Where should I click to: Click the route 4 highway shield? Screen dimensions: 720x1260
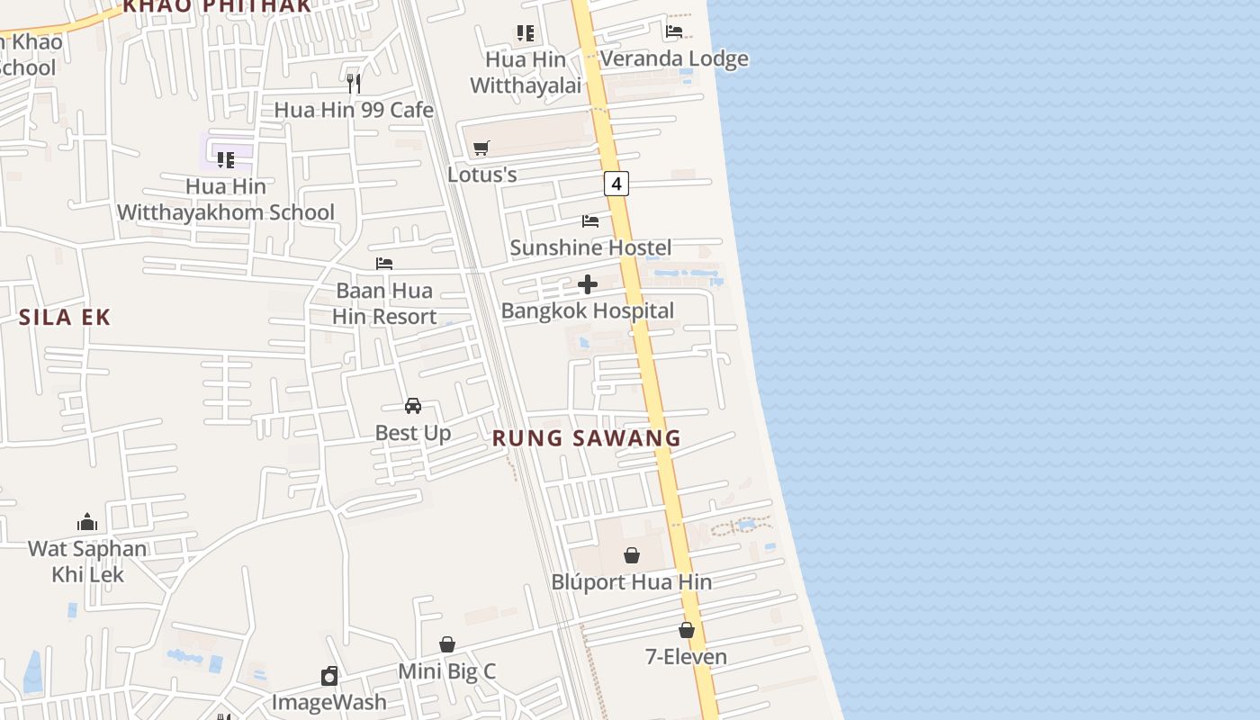pyautogui.click(x=616, y=184)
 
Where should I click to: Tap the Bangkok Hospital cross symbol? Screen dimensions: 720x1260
pyautogui.click(x=588, y=285)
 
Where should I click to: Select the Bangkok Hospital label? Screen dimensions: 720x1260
pyautogui.click(x=588, y=311)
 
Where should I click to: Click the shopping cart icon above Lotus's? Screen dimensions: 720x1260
pyautogui.click(x=481, y=148)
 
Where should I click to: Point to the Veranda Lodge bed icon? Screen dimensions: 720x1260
pyautogui.click(x=674, y=31)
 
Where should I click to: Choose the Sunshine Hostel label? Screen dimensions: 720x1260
pyautogui.click(x=590, y=247)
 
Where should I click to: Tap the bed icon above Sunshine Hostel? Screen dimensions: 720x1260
pyautogui.click(x=590, y=220)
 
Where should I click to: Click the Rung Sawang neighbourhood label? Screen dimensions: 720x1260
pyautogui.click(x=586, y=438)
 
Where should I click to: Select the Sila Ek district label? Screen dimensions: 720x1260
pyautogui.click(x=65, y=317)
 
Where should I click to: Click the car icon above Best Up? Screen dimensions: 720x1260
pyautogui.click(x=413, y=406)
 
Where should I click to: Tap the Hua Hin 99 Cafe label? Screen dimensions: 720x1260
pyautogui.click(x=354, y=110)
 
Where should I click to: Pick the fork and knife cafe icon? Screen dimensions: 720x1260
pyautogui.click(x=354, y=84)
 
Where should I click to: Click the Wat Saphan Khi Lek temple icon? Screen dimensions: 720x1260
pyautogui.click(x=87, y=522)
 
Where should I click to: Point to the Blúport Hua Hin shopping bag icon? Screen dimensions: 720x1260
pyautogui.click(x=632, y=555)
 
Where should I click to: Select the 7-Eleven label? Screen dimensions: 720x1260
pyautogui.click(x=686, y=657)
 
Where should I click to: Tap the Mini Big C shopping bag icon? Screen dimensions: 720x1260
pyautogui.click(x=447, y=644)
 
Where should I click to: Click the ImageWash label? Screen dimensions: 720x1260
pyautogui.click(x=329, y=702)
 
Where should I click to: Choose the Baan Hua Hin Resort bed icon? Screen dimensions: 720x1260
pyautogui.click(x=384, y=264)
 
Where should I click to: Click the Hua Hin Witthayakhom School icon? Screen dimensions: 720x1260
pyautogui.click(x=226, y=160)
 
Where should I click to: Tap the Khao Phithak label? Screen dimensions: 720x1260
pyautogui.click(x=216, y=6)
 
